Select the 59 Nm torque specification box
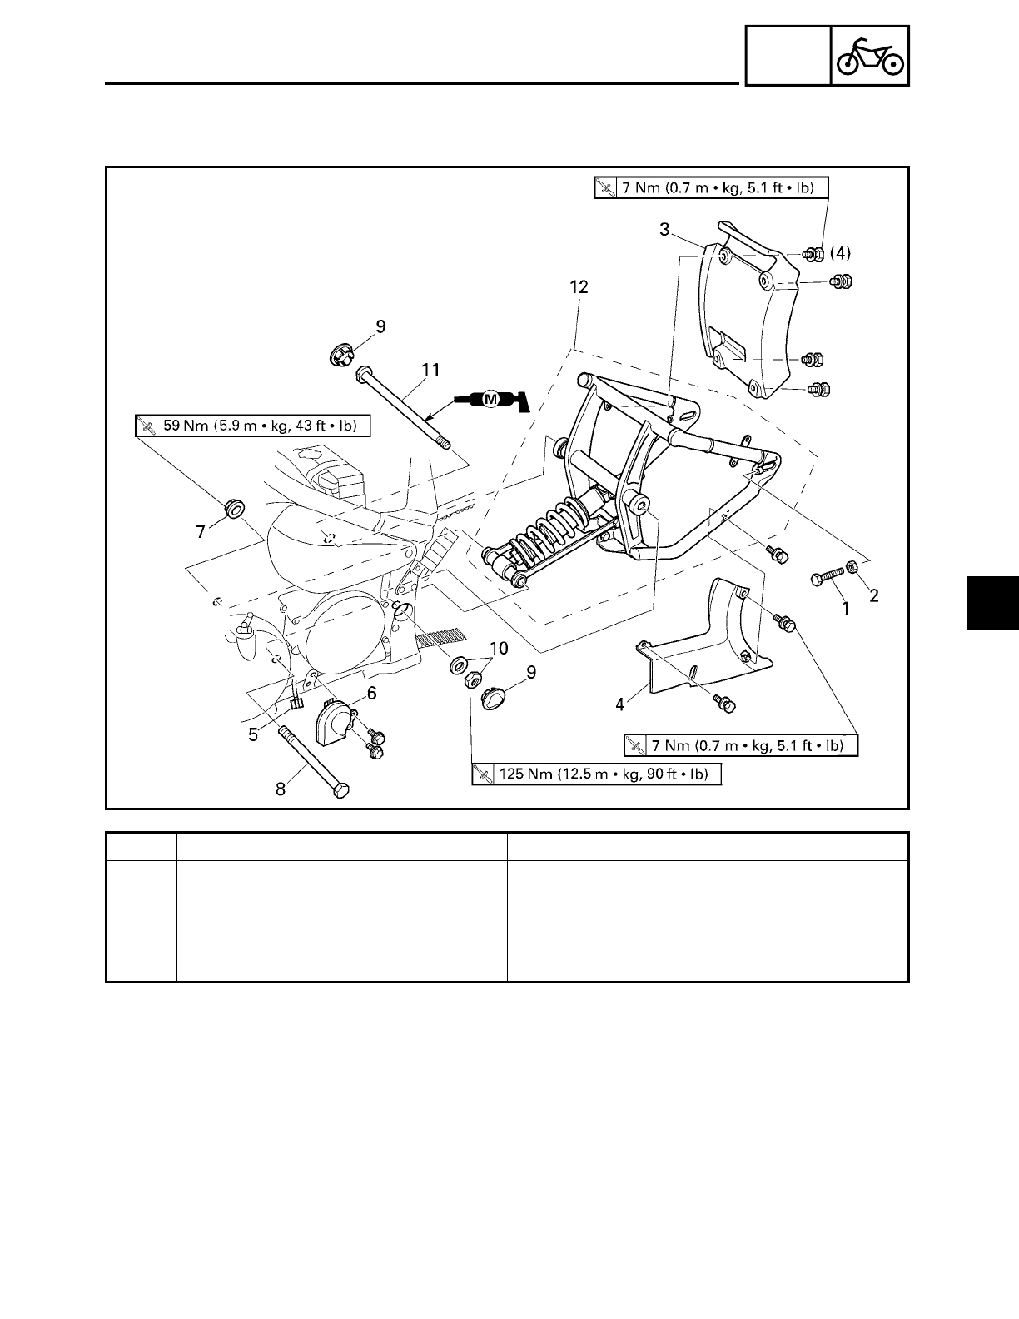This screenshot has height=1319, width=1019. point(252,426)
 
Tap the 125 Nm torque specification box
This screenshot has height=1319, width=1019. point(596,774)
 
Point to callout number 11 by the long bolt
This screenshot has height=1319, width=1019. point(431,370)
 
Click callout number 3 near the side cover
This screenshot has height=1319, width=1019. point(664,230)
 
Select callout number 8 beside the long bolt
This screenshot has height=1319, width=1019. point(281,788)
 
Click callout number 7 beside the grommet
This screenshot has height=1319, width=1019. point(200,530)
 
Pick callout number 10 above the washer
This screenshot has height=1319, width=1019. point(498,648)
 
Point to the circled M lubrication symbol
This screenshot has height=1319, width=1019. point(490,400)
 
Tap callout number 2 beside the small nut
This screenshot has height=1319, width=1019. point(873,595)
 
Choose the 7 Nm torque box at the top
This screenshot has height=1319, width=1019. point(712,187)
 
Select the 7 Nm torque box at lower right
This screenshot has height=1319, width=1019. point(741,744)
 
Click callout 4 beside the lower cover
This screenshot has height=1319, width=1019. point(619,704)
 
